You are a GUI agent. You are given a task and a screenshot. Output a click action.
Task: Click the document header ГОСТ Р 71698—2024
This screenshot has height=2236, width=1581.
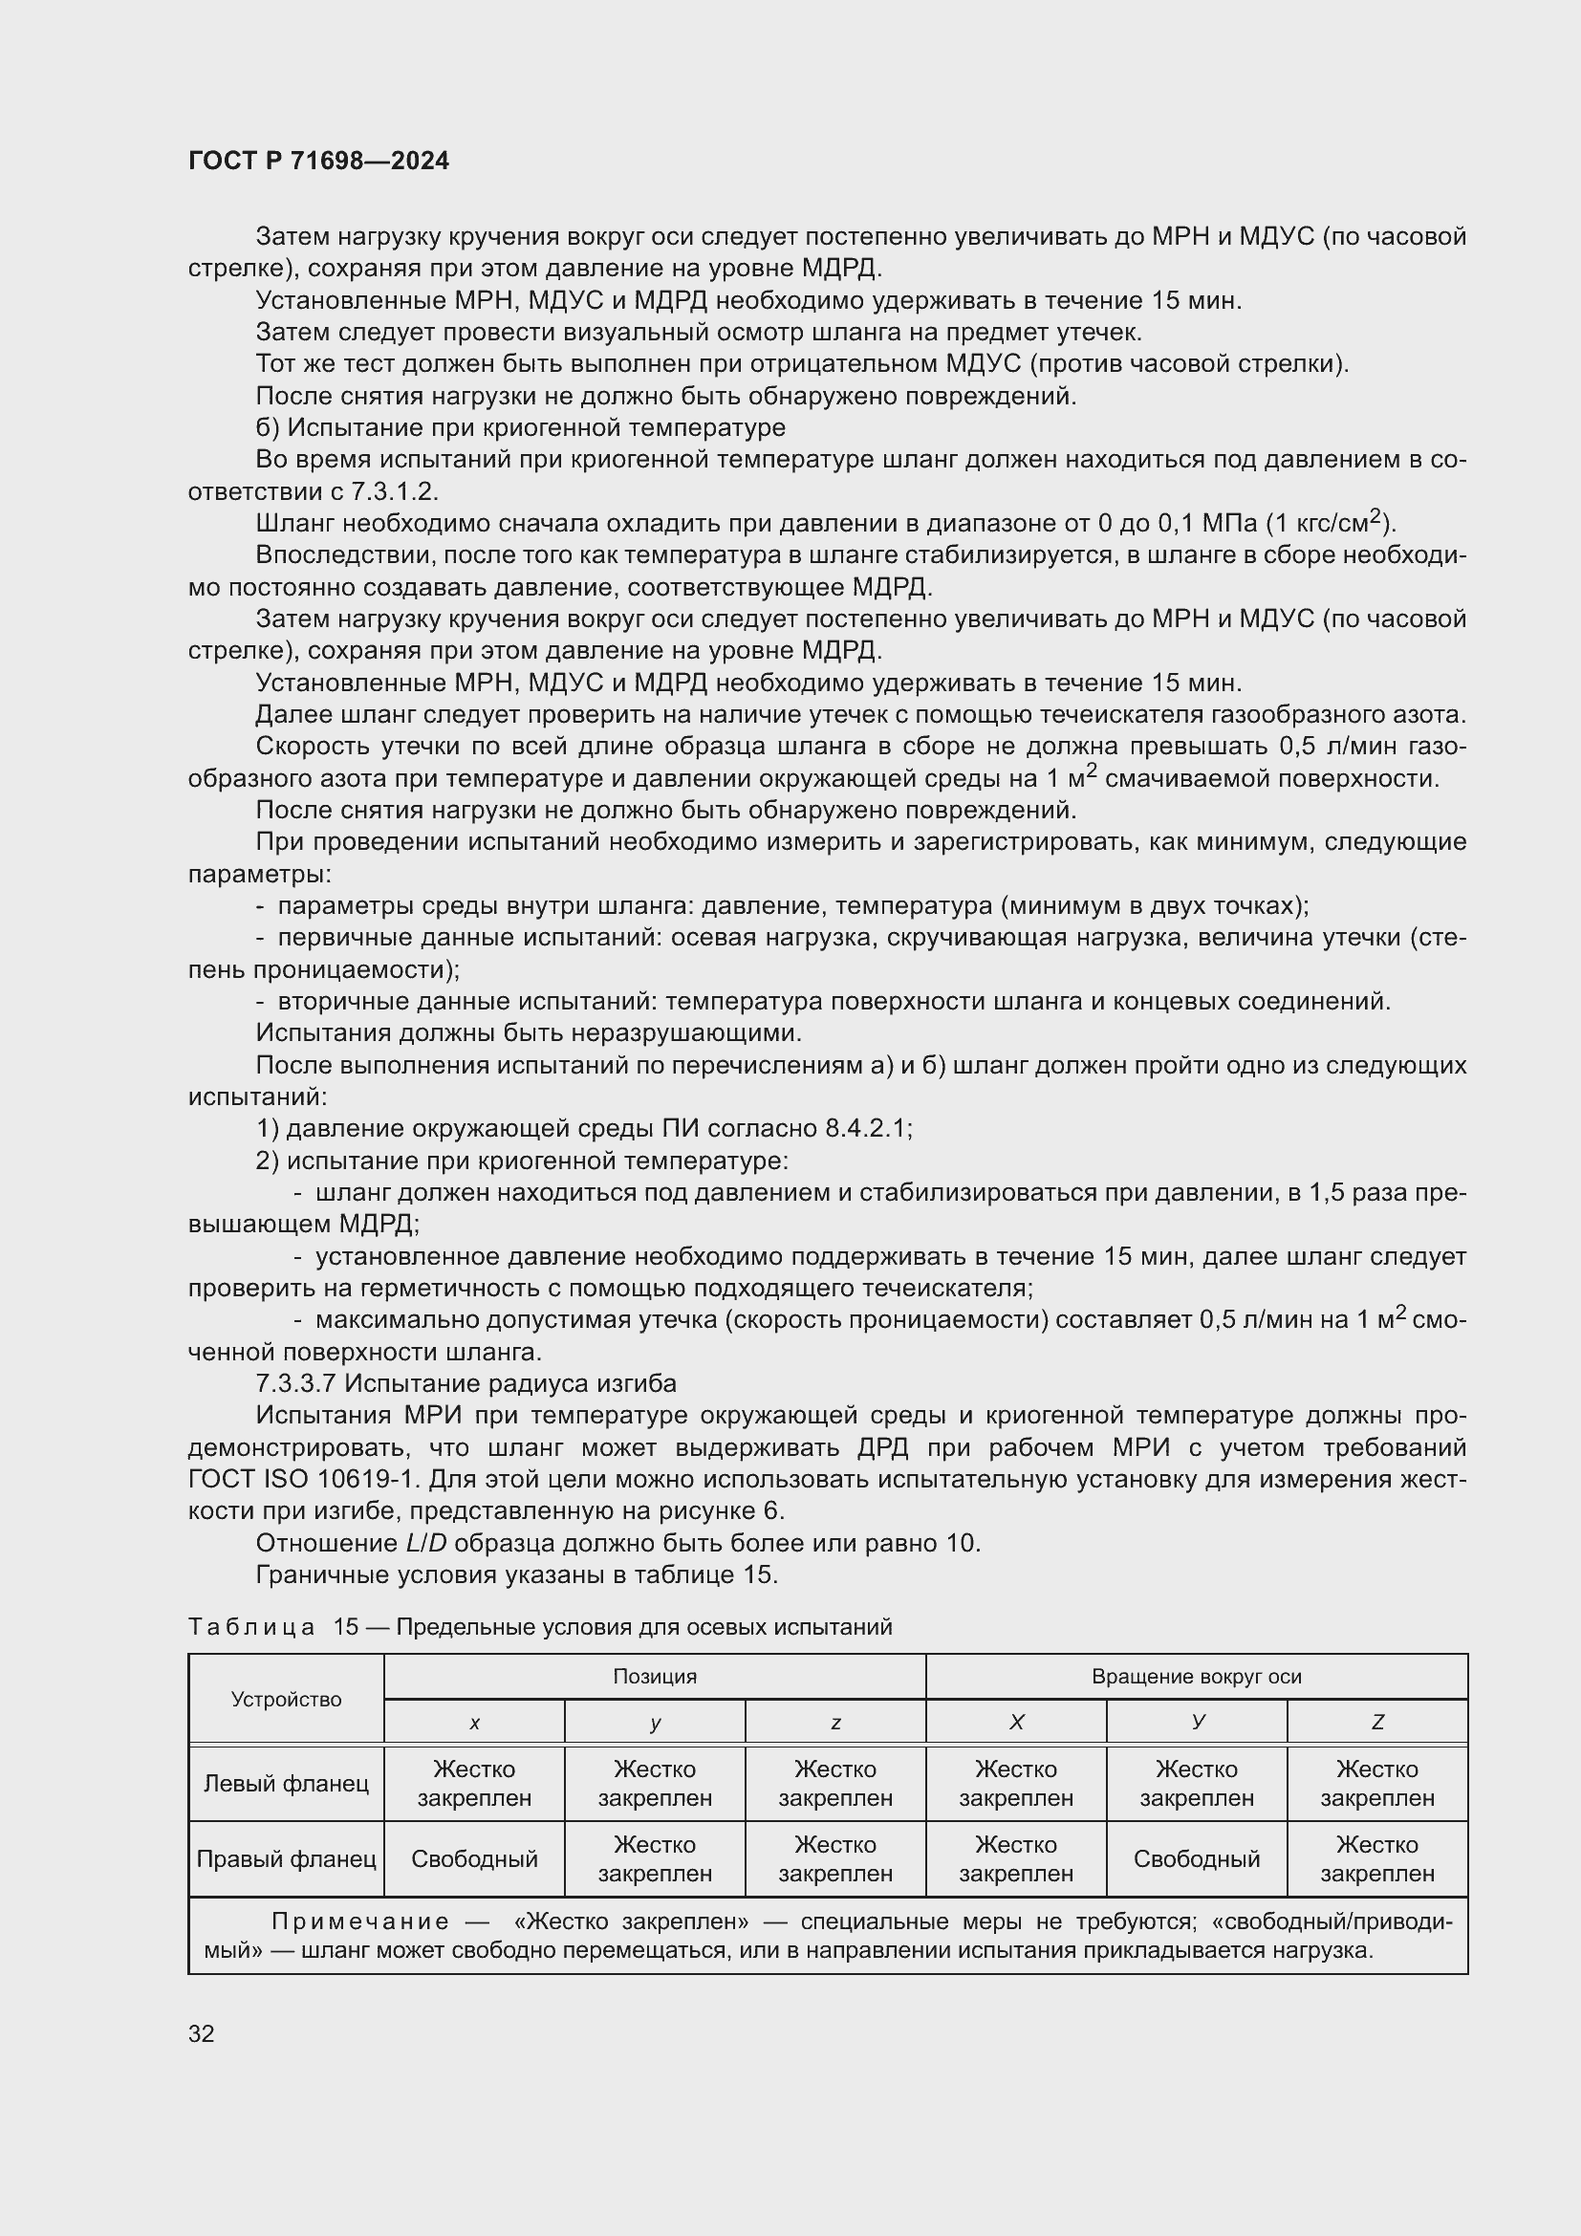click(318, 161)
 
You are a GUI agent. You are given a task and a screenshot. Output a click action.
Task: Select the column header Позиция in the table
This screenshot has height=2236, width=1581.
click(654, 1676)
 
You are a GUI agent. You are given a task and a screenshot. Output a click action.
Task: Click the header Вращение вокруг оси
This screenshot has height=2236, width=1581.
click(1196, 1676)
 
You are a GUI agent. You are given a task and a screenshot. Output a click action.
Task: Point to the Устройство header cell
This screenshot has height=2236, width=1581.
click(286, 1700)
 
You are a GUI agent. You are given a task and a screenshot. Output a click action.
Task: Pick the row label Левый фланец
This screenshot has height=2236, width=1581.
click(286, 1783)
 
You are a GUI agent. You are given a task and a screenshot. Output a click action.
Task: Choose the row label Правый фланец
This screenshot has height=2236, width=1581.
click(286, 1859)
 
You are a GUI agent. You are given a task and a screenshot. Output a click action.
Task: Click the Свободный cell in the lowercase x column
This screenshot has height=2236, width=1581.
click(474, 1859)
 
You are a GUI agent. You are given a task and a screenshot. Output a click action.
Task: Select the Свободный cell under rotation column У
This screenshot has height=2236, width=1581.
click(1196, 1859)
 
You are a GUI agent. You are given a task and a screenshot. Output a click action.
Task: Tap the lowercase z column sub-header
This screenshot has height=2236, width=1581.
click(835, 1723)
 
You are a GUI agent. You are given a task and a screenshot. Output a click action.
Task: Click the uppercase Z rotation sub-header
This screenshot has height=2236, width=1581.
click(1376, 1723)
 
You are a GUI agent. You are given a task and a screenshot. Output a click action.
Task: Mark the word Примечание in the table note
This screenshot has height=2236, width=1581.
click(360, 1921)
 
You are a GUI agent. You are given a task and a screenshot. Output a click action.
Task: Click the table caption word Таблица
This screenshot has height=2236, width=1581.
click(251, 1627)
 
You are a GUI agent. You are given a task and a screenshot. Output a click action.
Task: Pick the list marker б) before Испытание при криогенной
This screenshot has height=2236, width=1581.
click(267, 428)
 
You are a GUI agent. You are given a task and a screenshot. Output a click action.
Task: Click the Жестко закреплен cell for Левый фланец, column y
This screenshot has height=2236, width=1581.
click(654, 1783)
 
